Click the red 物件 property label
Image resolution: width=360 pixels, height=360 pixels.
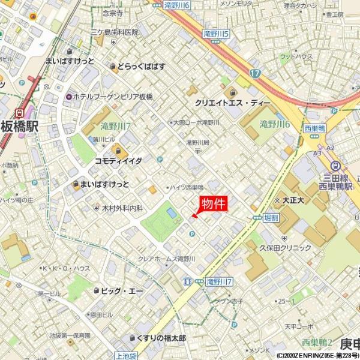point(213,203)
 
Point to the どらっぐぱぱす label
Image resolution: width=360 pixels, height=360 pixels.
point(141,66)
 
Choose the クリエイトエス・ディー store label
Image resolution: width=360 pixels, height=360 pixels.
point(232,103)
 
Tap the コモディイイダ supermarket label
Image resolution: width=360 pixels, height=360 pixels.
point(118,161)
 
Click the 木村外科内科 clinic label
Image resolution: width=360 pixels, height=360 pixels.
point(122,208)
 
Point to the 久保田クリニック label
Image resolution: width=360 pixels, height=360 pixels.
point(286,247)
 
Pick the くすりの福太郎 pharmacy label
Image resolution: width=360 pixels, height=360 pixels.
point(161,338)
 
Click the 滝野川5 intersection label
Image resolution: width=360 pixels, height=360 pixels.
point(217,34)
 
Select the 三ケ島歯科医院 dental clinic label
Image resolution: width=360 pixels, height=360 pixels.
point(114,32)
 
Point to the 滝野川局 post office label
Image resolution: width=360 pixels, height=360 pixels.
point(197,143)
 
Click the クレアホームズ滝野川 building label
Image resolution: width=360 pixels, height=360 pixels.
point(167,259)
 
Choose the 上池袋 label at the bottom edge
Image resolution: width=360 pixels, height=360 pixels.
point(127,356)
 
